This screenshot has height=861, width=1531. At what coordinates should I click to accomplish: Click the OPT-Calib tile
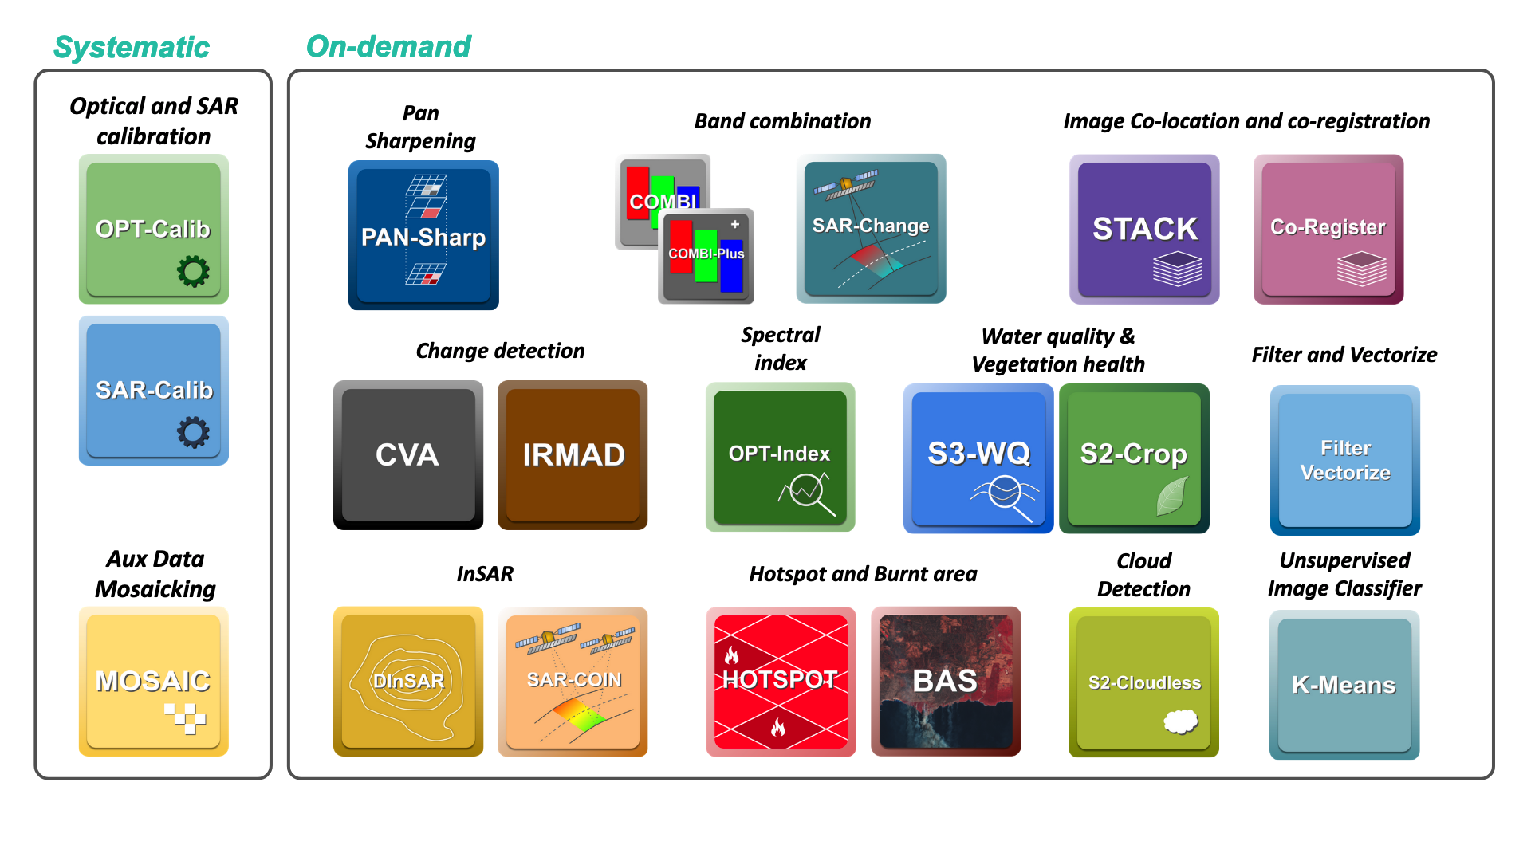(153, 229)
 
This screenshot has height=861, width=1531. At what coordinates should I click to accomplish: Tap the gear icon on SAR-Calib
(193, 433)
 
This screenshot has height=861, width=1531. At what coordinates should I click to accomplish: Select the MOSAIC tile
(153, 682)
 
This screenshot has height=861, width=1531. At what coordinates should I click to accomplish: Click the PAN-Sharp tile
(423, 235)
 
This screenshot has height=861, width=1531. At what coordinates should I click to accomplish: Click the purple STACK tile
(1144, 229)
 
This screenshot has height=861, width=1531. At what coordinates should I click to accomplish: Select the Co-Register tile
(1328, 229)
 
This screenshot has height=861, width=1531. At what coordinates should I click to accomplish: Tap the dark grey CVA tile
(407, 455)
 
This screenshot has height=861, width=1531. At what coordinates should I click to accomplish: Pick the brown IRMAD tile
(573, 455)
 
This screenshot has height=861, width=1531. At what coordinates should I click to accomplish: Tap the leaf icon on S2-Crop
(1171, 496)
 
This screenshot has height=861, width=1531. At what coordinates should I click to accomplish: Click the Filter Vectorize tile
(1345, 460)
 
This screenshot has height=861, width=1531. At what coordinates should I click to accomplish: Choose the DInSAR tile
(407, 682)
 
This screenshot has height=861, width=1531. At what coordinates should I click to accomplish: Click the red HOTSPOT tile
(780, 682)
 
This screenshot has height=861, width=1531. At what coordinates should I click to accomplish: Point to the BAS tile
(945, 682)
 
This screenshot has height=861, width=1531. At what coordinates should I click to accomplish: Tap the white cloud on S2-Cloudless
(1180, 721)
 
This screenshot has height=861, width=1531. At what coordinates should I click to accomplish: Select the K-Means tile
(1344, 685)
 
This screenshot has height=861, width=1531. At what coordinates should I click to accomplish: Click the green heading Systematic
(132, 47)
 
